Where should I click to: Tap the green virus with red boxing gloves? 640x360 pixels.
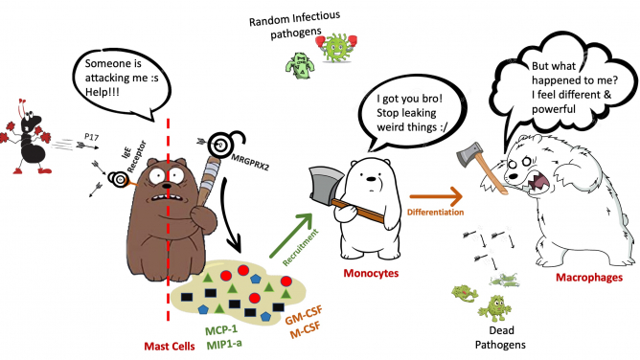pyautogui.click(x=336, y=46)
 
